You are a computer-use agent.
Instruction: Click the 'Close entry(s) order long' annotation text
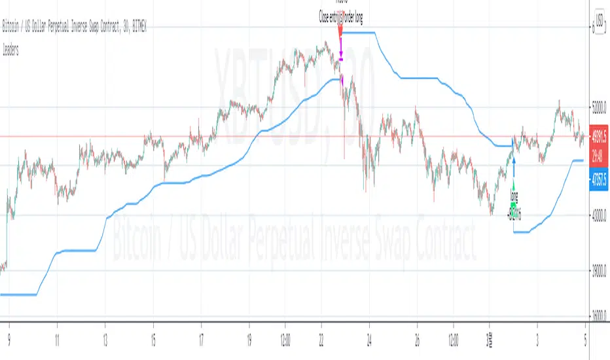(x=340, y=19)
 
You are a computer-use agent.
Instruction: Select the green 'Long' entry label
(x=513, y=194)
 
